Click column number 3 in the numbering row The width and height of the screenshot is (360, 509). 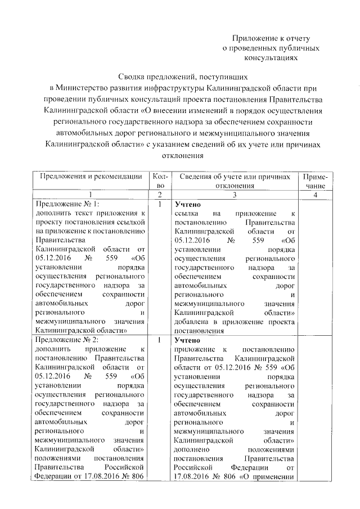click(235, 194)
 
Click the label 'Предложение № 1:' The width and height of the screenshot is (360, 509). click(67, 204)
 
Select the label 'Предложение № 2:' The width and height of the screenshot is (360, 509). click(67, 340)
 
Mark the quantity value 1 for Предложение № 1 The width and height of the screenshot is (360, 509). click(160, 204)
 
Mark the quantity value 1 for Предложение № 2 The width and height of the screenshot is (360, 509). click(160, 340)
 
